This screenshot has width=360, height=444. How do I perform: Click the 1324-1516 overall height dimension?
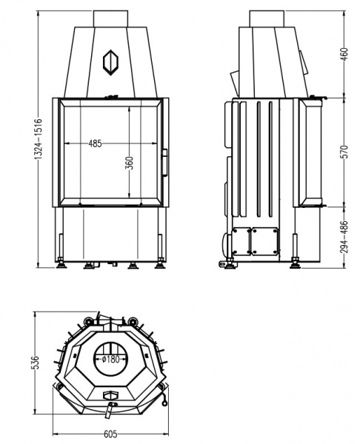click(x=39, y=138)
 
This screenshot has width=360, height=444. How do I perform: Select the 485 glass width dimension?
click(x=95, y=144)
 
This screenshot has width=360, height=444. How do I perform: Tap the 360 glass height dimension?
click(x=130, y=163)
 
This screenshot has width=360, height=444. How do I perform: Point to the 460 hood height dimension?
click(x=344, y=55)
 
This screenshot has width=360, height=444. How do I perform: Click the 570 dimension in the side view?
click(x=344, y=152)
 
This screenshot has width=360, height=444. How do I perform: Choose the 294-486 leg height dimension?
click(x=344, y=237)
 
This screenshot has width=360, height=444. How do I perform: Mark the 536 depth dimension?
click(x=36, y=363)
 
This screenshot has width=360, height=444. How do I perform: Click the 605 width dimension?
click(x=110, y=434)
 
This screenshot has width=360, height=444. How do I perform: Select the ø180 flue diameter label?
click(x=110, y=360)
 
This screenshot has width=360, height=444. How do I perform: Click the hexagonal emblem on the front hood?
click(x=111, y=62)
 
